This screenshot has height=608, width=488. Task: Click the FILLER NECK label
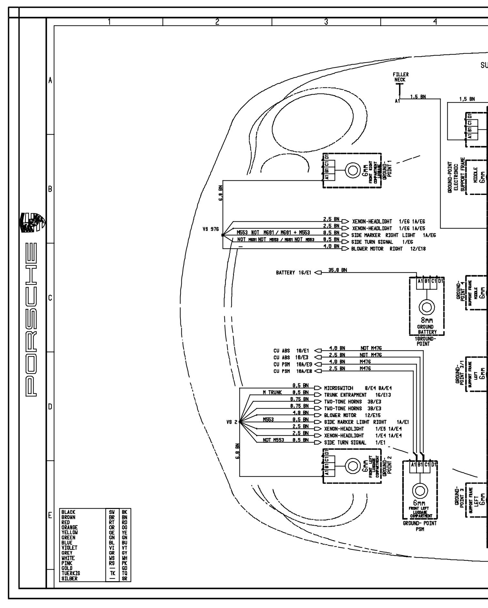pyautogui.click(x=401, y=77)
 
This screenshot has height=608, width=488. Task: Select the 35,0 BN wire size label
pyautogui.click(x=338, y=270)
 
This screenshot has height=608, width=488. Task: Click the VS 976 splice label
pyautogui.click(x=211, y=229)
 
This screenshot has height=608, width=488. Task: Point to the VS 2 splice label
pyautogui.click(x=232, y=422)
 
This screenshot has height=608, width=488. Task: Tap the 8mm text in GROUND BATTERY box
pyautogui.click(x=425, y=320)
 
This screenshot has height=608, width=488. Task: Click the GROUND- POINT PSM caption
pyautogui.click(x=420, y=526)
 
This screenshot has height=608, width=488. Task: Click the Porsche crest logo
pyautogui.click(x=32, y=222)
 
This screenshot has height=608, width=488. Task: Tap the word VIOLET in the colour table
pyautogui.click(x=69, y=548)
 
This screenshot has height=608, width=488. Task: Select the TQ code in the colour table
pyautogui.click(x=125, y=573)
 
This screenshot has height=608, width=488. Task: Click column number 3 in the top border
pyautogui.click(x=326, y=22)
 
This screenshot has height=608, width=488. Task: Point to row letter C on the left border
pyautogui.click(x=50, y=298)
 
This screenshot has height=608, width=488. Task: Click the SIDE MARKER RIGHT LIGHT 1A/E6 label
pyautogui.click(x=393, y=235)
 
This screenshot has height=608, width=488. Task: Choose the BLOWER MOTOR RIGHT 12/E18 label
pyautogui.click(x=388, y=249)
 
